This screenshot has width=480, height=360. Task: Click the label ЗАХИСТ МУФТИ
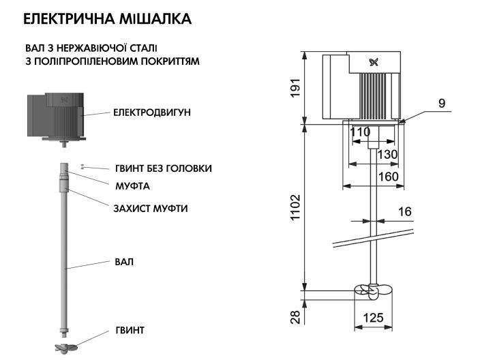point(150,208)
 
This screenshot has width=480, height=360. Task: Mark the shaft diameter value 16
point(404,212)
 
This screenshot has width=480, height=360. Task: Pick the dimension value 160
point(388,177)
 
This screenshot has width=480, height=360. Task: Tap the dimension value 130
point(387,155)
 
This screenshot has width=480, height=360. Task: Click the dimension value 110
point(360,132)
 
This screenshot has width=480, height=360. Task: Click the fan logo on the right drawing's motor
point(373,63)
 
